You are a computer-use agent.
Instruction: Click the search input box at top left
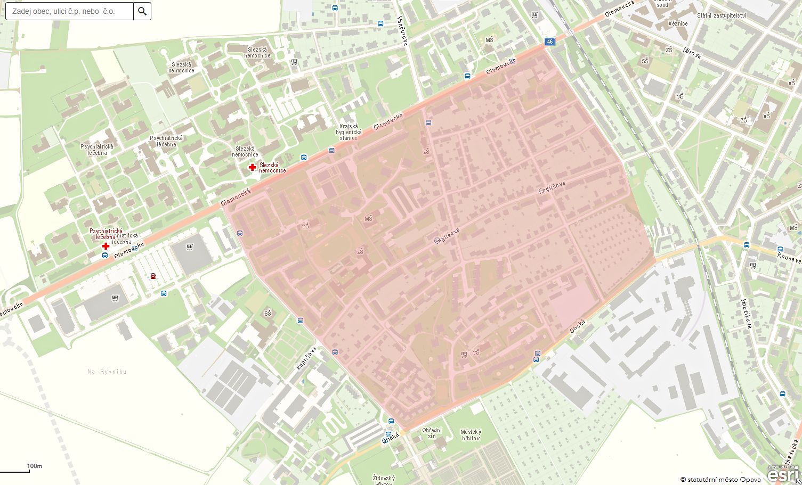[x=69, y=11]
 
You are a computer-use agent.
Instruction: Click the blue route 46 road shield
[x=550, y=42]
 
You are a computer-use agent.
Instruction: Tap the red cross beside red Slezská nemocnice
[x=253, y=168]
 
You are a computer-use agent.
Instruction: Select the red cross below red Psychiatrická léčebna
[x=106, y=246]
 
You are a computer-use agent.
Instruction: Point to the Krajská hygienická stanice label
[x=349, y=132]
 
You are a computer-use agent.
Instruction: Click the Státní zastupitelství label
[x=722, y=15]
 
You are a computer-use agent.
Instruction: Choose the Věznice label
[x=678, y=23]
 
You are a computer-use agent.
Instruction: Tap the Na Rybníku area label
[x=107, y=372]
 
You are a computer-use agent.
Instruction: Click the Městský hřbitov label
[x=471, y=435]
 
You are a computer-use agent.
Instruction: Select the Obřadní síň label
[x=432, y=433]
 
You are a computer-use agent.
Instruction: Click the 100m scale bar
[x=21, y=470]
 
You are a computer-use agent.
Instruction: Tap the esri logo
[x=783, y=473]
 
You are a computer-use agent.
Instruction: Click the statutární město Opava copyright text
[x=720, y=480]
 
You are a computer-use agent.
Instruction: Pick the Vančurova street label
[x=402, y=31]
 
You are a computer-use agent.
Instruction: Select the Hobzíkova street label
[x=746, y=314]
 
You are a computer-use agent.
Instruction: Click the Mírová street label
[x=692, y=52]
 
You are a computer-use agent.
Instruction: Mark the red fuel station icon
[x=153, y=276]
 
